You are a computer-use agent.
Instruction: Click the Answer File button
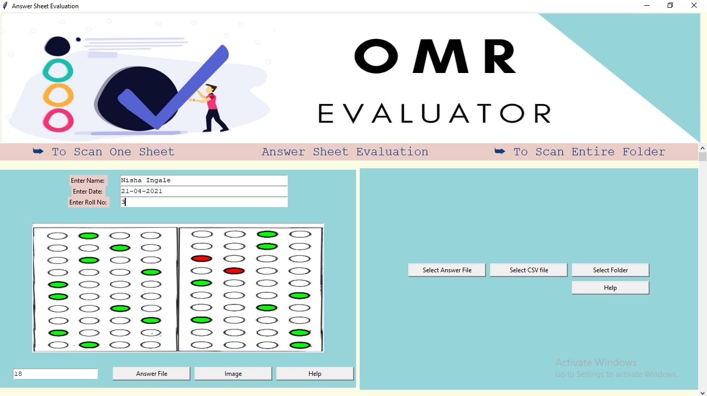(152, 374)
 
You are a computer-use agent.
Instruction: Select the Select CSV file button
(528, 270)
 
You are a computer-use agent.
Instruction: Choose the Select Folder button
(610, 270)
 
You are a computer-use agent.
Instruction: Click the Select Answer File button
(447, 270)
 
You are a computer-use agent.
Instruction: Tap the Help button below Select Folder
(610, 288)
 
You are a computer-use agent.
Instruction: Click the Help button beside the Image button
(315, 374)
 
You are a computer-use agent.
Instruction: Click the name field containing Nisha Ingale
(203, 180)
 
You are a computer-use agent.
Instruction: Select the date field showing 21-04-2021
(203, 191)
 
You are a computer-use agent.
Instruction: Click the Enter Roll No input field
(203, 202)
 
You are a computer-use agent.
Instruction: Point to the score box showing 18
(55, 374)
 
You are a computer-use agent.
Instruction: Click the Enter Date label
(87, 192)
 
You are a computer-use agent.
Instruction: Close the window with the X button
(694, 5)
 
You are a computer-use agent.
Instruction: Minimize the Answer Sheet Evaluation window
(647, 5)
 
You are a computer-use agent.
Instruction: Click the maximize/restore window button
(670, 5)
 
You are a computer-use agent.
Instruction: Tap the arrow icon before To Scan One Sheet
(38, 151)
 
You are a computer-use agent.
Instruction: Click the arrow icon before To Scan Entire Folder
(499, 151)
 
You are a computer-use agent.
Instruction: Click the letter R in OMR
(500, 56)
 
